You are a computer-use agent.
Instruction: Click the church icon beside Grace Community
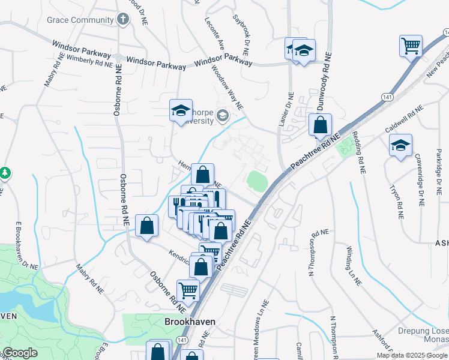tap(123, 19)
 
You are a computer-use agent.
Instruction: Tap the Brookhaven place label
tap(190, 322)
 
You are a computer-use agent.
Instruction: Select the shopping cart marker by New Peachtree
tap(411, 46)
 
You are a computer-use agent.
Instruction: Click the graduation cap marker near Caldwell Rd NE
tap(400, 145)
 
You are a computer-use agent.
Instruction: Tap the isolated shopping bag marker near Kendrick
tap(146, 226)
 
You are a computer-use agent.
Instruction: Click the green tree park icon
tap(5, 173)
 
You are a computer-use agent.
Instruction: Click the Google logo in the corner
tap(20, 353)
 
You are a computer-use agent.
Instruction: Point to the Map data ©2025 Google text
tap(411, 355)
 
